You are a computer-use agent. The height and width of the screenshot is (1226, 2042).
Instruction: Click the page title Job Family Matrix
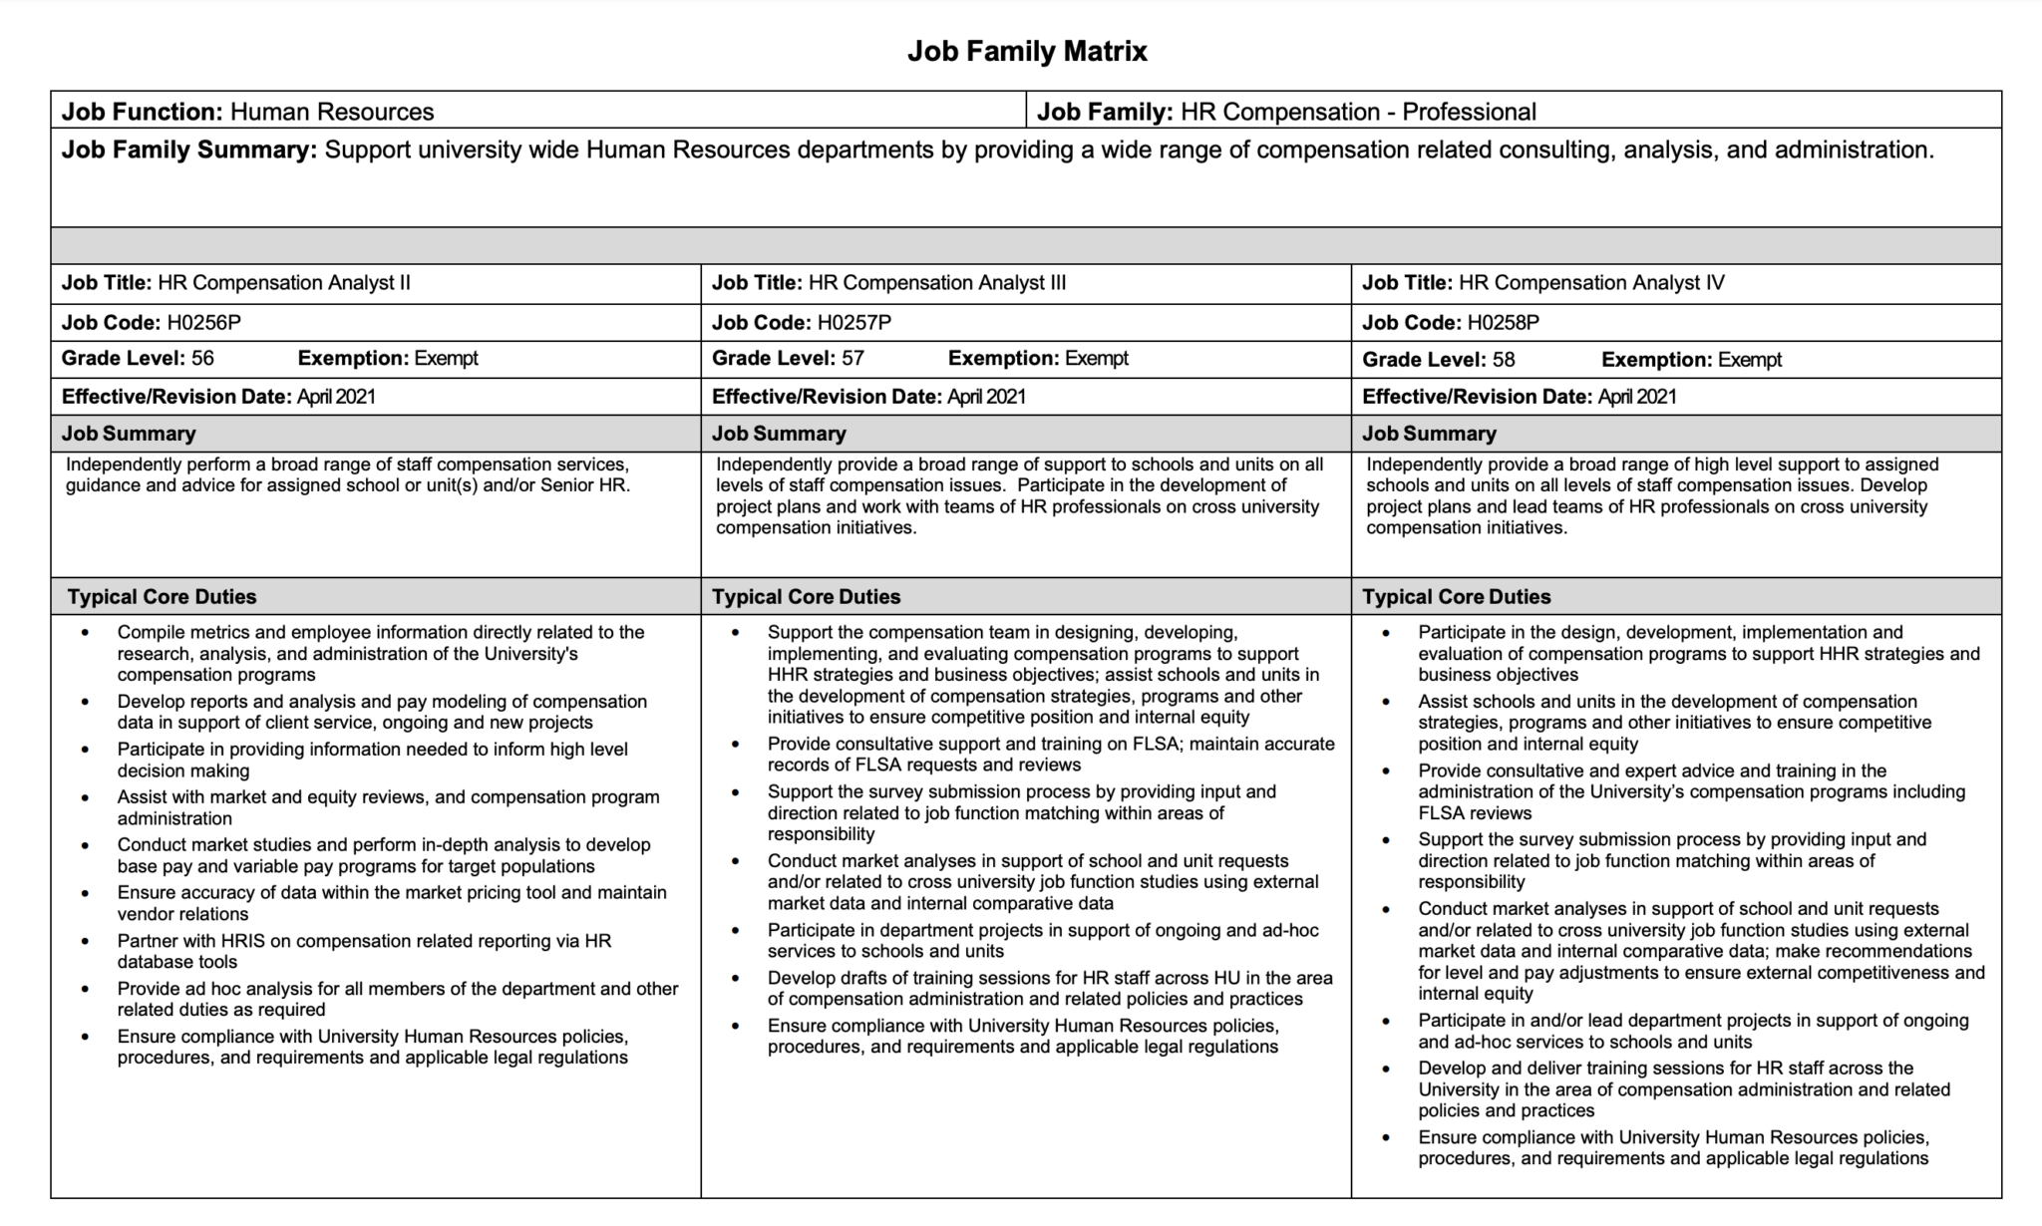(1027, 51)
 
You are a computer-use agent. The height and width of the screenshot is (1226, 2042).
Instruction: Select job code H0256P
(203, 322)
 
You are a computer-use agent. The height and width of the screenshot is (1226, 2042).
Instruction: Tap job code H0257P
(853, 322)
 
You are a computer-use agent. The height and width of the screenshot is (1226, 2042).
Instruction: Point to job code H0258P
(1504, 322)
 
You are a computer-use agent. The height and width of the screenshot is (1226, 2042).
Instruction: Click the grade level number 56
(202, 358)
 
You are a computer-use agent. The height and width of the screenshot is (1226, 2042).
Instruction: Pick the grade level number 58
(1504, 359)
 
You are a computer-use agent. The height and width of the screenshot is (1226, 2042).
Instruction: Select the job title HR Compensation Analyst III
(936, 282)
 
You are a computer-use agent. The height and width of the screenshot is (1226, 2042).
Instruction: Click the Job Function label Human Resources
(332, 111)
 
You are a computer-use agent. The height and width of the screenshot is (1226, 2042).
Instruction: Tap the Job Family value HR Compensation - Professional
(1358, 111)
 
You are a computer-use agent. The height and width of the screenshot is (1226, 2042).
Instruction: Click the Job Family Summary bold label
(189, 150)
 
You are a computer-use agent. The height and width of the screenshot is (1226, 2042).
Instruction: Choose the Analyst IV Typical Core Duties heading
(1456, 596)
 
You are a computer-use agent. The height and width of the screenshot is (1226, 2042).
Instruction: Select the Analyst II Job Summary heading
(129, 433)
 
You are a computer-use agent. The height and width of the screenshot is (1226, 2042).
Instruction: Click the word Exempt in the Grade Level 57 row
(1096, 358)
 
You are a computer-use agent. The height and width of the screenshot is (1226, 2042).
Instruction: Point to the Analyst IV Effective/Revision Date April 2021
(1636, 396)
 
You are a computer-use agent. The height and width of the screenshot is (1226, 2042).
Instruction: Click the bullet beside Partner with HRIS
(86, 941)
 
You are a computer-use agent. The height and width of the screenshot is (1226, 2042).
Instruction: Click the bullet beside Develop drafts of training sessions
(736, 978)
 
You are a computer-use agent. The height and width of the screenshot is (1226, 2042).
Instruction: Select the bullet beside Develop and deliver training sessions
(1386, 1069)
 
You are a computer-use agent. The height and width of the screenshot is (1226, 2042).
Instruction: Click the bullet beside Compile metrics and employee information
(86, 632)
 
